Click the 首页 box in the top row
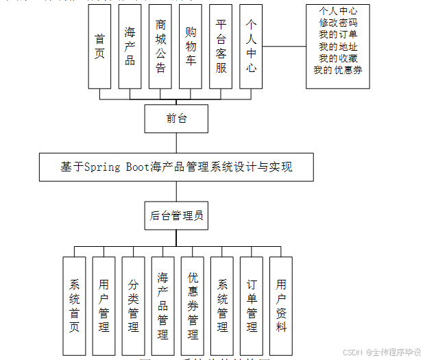click(x=99, y=46)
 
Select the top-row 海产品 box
click(x=130, y=46)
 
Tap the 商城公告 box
click(x=160, y=46)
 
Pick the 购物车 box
click(x=191, y=46)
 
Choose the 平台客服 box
click(x=221, y=46)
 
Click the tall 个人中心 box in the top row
click(x=251, y=46)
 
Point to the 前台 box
click(x=176, y=119)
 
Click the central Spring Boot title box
click(x=176, y=167)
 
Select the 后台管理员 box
click(x=176, y=215)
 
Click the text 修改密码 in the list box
click(x=337, y=23)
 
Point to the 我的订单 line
click(x=337, y=35)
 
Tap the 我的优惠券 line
click(x=337, y=70)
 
